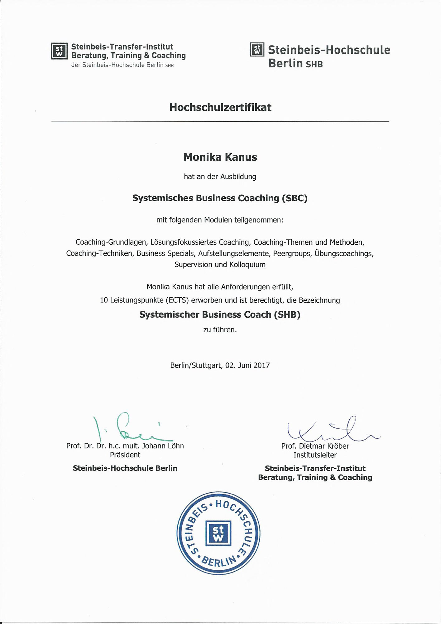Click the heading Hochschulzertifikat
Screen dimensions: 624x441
[x=220, y=107]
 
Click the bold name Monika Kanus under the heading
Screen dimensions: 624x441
[x=220, y=157]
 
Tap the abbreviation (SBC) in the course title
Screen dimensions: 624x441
[x=295, y=198]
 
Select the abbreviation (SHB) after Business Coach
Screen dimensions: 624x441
[x=287, y=315]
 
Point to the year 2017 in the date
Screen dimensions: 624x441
[x=261, y=365]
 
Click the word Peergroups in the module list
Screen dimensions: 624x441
[x=292, y=253]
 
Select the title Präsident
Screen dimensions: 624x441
[x=125, y=455]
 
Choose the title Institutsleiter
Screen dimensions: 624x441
[x=315, y=455]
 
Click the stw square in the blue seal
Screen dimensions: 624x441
[x=218, y=534]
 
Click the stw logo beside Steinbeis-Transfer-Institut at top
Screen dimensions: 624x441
[x=59, y=51]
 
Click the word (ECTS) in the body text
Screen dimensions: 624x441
[x=177, y=300]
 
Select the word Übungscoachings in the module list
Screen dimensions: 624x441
[x=344, y=253]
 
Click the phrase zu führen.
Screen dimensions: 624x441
[x=220, y=330]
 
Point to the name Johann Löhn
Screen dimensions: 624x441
[x=163, y=446]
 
